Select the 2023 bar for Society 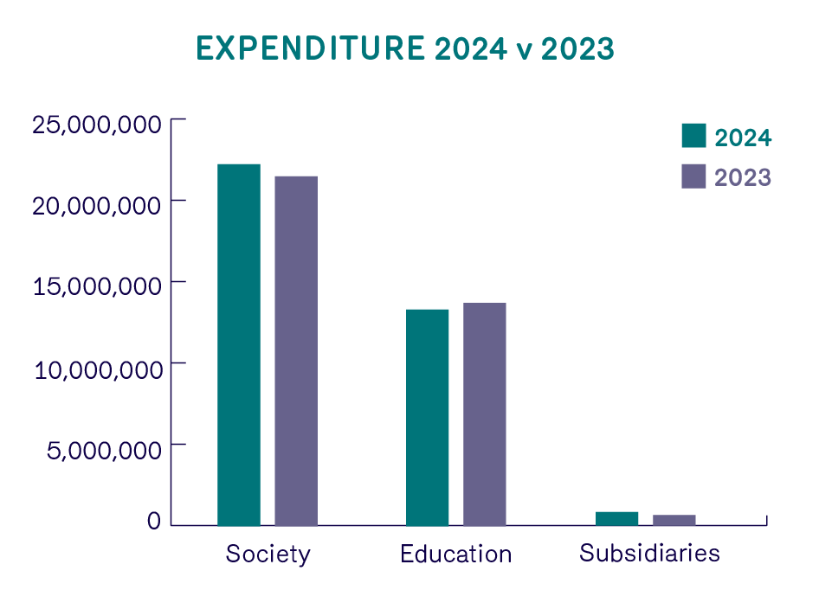point(296,350)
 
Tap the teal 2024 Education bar point(428,417)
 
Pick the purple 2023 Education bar point(485,414)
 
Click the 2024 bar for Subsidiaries point(617,518)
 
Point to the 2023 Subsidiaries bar point(674,520)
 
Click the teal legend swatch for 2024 point(694,136)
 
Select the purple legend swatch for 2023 point(694,176)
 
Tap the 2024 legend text point(743,137)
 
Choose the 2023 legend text point(743,177)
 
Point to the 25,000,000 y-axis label point(97,124)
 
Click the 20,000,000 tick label point(97,206)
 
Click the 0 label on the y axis point(154,521)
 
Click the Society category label point(268,554)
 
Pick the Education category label point(456,554)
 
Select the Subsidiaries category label point(650,553)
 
